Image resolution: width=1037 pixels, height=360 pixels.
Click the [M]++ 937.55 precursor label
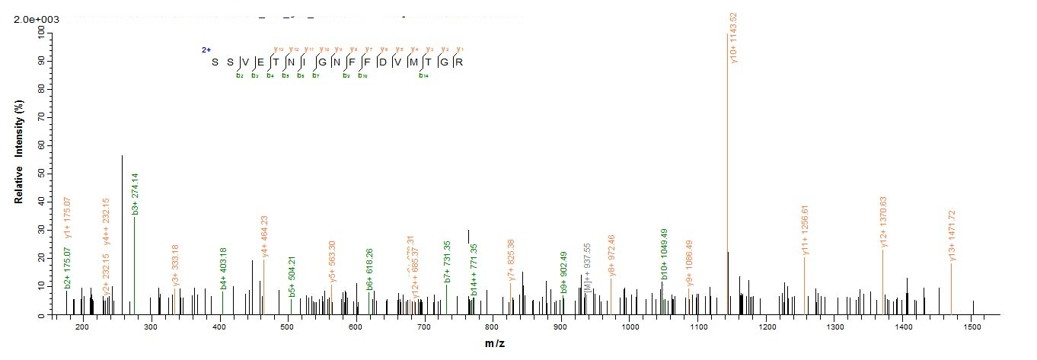tap(587, 272)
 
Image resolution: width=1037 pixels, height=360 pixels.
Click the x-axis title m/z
tap(495, 344)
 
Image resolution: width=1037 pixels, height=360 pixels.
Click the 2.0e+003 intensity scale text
tap(36, 19)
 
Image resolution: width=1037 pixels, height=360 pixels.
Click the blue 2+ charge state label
tap(206, 50)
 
